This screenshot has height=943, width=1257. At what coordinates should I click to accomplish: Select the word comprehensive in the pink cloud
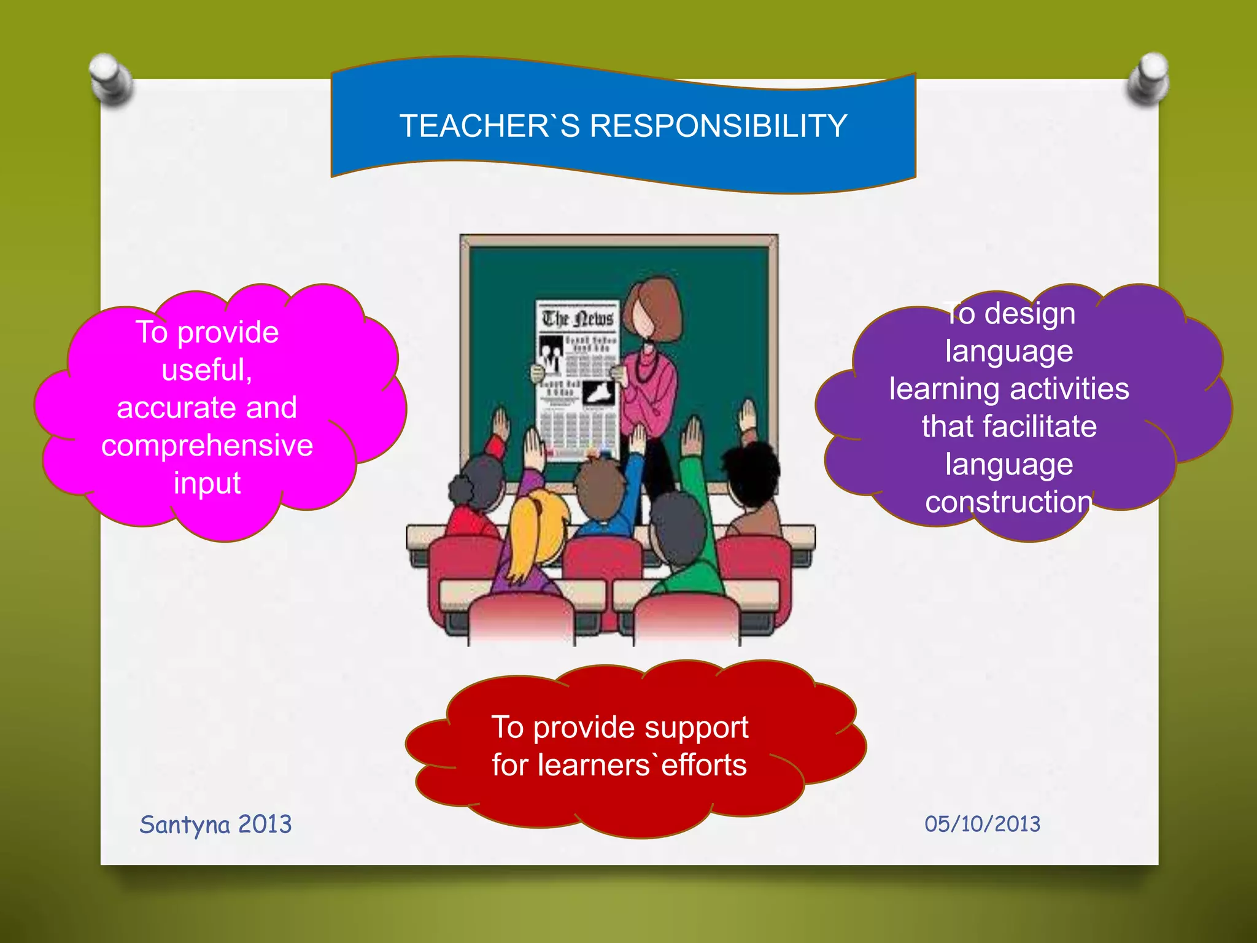(x=207, y=446)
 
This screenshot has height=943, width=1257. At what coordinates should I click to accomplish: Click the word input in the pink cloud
(x=207, y=483)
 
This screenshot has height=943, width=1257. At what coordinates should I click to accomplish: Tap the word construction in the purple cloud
(x=1008, y=503)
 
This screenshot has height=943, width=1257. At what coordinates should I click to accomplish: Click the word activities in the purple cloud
(x=1069, y=389)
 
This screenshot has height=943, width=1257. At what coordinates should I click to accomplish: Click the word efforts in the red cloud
(x=703, y=766)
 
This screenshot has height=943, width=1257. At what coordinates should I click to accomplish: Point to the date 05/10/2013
(x=982, y=824)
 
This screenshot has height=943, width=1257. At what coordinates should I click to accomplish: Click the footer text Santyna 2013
(x=215, y=825)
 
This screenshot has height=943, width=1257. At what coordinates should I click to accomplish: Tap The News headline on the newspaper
(x=577, y=319)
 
